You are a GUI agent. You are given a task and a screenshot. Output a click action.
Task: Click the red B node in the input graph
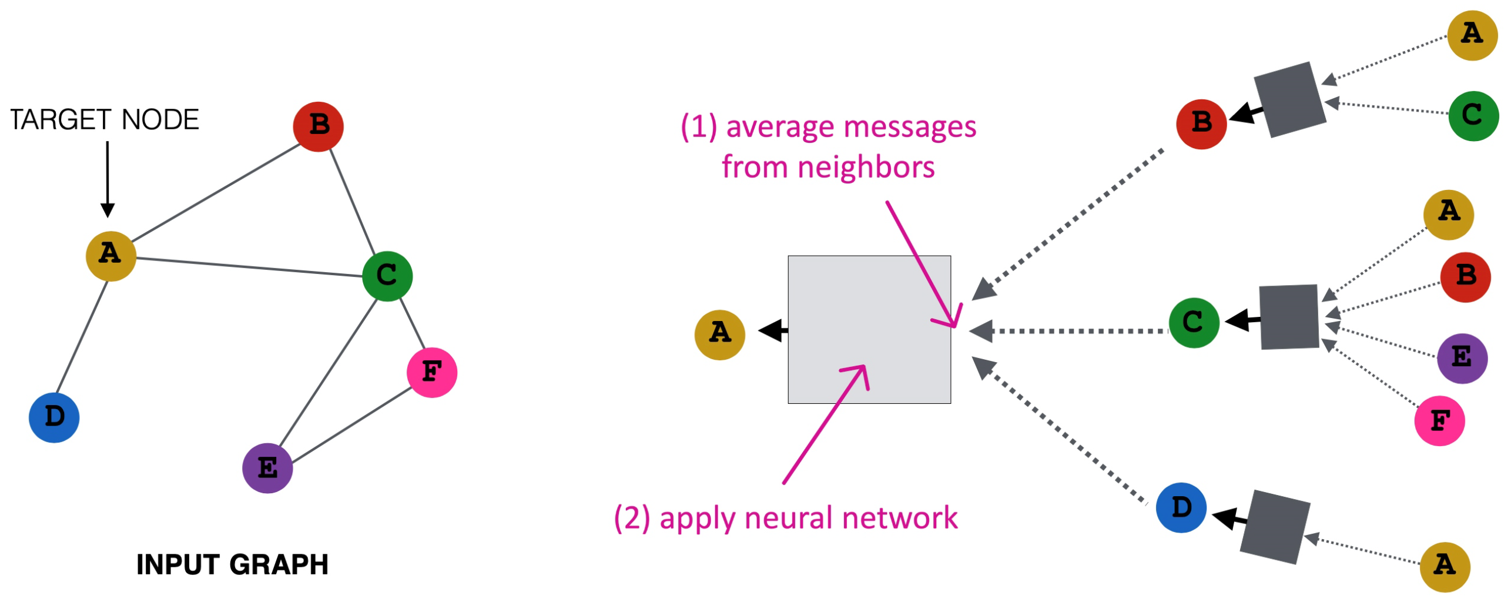click(x=318, y=126)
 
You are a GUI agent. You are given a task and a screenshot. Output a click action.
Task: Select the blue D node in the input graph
click(x=54, y=417)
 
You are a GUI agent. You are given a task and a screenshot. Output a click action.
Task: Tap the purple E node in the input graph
click(x=267, y=468)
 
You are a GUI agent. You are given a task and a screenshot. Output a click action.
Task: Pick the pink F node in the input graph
click(x=432, y=372)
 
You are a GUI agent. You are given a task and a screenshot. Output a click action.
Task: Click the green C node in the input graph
click(x=387, y=276)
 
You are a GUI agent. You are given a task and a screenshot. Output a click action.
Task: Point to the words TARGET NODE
click(x=105, y=120)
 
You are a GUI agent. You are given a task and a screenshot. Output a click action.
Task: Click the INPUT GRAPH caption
click(x=232, y=564)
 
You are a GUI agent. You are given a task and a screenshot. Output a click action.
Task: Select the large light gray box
click(x=869, y=329)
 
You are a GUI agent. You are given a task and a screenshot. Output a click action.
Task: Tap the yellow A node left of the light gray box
click(x=719, y=335)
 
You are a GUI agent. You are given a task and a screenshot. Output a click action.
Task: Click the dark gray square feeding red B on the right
click(x=1289, y=100)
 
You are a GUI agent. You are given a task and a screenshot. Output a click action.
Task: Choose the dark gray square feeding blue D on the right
click(x=1275, y=527)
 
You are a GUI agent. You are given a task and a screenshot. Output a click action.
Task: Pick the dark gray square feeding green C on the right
click(x=1289, y=317)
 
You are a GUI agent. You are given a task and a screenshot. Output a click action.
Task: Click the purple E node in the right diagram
click(x=1462, y=358)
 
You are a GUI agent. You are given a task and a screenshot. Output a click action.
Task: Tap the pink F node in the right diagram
click(x=1439, y=421)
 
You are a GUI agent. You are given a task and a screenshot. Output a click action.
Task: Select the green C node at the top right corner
click(x=1473, y=116)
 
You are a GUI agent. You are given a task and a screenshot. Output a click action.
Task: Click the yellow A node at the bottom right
click(x=1445, y=567)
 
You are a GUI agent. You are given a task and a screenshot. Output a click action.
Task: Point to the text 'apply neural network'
click(x=808, y=519)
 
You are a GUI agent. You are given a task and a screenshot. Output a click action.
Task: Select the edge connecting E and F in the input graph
click(x=351, y=424)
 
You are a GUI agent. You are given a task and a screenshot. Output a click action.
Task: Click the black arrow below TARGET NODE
click(x=108, y=179)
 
